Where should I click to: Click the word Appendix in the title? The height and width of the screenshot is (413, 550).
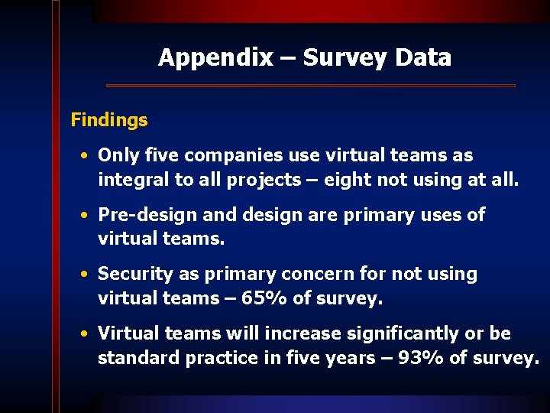215,57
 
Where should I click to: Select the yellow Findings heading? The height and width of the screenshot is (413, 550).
109,120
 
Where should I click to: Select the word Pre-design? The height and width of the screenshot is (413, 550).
143,215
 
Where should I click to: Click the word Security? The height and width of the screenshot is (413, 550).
134,274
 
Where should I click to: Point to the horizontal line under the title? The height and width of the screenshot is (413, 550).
310,85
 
